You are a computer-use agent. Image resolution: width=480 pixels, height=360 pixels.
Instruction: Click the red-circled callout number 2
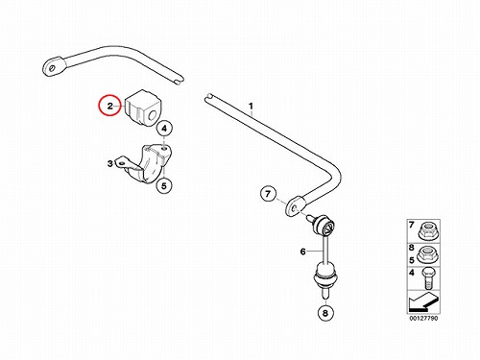(x=109, y=106)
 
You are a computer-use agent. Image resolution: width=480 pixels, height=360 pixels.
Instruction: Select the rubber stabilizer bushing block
(x=143, y=108)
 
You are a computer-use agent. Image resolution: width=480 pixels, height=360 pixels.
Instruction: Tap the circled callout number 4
(x=164, y=129)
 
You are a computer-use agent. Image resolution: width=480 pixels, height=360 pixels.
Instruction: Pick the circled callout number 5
(x=164, y=185)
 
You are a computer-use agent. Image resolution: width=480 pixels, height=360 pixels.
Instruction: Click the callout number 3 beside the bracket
(x=110, y=164)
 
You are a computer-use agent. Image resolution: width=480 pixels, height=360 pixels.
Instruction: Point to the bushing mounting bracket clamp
(x=146, y=164)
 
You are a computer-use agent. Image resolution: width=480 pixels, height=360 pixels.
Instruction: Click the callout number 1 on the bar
(x=252, y=106)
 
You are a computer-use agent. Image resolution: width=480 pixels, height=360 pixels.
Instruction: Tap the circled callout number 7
(x=268, y=194)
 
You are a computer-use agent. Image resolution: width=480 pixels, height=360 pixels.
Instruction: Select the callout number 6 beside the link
(x=302, y=252)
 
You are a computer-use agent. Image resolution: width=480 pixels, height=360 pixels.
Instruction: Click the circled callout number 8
(x=325, y=313)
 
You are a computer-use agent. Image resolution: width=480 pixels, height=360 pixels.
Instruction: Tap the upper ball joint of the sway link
(x=324, y=226)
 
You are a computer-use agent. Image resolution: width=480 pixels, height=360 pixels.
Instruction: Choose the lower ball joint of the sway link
(x=325, y=276)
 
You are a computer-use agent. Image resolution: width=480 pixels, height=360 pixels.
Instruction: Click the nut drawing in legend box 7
(x=428, y=231)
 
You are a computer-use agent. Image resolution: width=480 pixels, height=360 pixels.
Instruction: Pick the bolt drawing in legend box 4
(x=428, y=278)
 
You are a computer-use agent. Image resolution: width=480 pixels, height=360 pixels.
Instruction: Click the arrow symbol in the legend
(x=423, y=302)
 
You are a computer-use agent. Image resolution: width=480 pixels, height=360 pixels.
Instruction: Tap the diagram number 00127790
(x=423, y=319)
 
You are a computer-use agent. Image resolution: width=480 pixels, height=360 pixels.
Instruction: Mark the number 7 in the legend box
(x=412, y=226)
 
